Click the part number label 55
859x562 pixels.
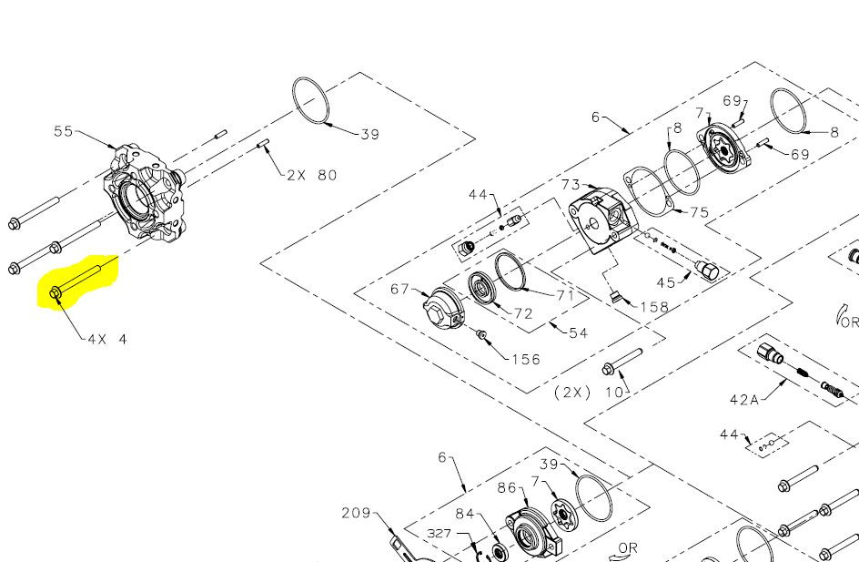[64, 131]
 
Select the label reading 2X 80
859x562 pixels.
[311, 175]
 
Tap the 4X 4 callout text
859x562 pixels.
[107, 339]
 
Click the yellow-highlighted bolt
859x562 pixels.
[82, 278]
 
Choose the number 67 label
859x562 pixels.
[400, 290]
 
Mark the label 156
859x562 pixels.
[525, 359]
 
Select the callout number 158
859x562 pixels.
[654, 307]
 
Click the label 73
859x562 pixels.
[571, 186]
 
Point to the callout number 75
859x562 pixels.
[699, 212]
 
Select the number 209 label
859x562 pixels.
[357, 513]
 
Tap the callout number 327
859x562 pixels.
[440, 533]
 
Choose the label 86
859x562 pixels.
[507, 488]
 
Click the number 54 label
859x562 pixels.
[578, 333]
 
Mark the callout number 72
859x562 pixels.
[523, 313]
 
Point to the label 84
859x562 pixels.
[465, 514]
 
